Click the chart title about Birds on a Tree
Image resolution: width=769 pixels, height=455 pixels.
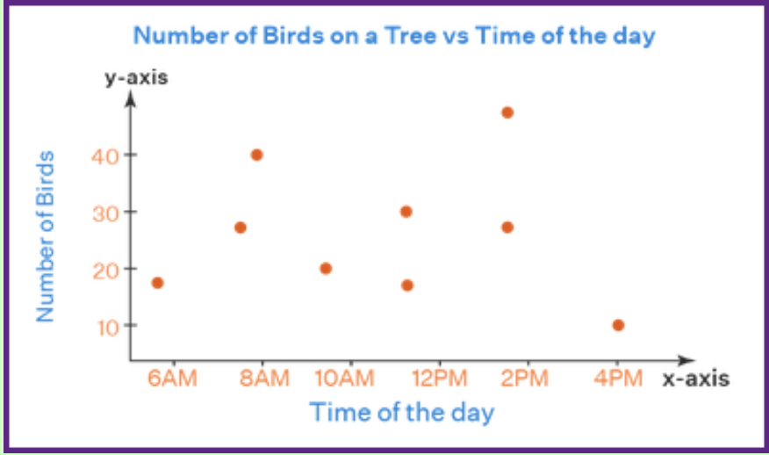tap(395, 37)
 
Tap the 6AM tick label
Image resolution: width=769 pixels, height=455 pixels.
tap(174, 379)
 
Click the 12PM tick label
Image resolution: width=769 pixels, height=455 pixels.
tap(439, 379)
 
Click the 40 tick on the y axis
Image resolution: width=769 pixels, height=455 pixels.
tap(104, 155)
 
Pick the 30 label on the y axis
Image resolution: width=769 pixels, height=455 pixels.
tap(104, 212)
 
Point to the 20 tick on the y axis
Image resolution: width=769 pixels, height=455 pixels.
tap(104, 269)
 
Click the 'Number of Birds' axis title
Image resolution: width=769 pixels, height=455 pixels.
tap(46, 235)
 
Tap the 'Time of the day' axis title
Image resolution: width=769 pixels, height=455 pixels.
tap(401, 411)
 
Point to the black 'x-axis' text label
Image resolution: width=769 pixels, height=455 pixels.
tap(695, 379)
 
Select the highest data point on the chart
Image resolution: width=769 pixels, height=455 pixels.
tap(507, 112)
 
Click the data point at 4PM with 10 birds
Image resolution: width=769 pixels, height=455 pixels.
tap(618, 325)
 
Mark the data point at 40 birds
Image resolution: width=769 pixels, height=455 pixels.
tap(256, 155)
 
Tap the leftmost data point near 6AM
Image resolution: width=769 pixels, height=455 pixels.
tap(157, 283)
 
